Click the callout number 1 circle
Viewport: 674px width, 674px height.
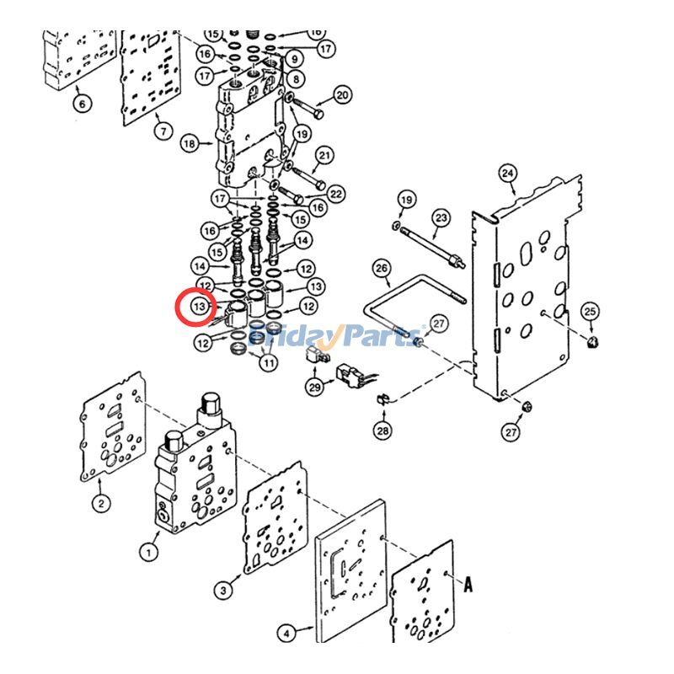point(148,553)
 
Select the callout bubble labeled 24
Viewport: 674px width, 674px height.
point(507,174)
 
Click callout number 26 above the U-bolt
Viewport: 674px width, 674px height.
point(382,270)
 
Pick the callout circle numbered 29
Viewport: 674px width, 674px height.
point(315,387)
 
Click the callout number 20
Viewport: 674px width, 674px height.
point(342,95)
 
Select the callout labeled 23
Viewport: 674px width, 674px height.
point(441,217)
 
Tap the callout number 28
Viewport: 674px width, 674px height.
point(383,431)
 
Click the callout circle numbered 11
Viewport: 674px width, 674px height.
point(268,363)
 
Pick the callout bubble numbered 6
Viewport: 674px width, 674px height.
point(82,104)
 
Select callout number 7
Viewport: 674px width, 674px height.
point(162,131)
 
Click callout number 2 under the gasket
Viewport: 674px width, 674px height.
point(100,504)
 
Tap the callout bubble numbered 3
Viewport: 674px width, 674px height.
point(222,591)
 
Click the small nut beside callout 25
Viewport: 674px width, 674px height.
point(594,341)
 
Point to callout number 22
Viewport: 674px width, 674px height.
point(336,195)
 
